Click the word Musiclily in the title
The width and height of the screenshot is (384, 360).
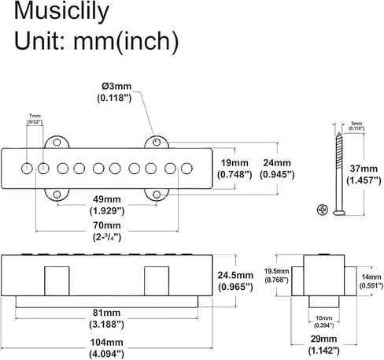[x=61, y=12]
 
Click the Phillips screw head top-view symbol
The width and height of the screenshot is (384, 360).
[x=323, y=210]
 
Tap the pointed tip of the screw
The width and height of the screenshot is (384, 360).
[x=339, y=133]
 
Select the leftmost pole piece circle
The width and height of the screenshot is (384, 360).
[x=27, y=169]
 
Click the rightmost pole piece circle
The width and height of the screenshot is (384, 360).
[x=186, y=169]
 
